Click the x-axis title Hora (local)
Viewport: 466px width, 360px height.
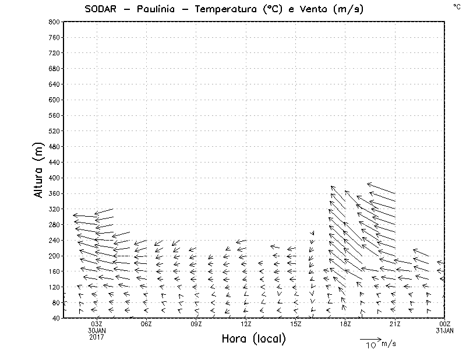(253, 339)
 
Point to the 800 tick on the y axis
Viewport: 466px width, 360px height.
(54, 22)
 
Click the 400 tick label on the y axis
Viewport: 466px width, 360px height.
(54, 178)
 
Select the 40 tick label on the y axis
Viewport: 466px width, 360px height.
(55, 318)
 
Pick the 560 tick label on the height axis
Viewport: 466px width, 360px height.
(54, 115)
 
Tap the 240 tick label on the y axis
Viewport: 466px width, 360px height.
(54, 240)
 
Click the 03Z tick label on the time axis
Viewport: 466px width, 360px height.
(97, 324)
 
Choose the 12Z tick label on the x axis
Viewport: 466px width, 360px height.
(246, 324)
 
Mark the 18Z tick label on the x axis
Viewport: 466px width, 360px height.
(345, 324)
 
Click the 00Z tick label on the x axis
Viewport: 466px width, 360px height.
(445, 324)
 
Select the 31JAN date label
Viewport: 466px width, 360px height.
(445, 331)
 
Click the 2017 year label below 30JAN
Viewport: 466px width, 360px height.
(97, 337)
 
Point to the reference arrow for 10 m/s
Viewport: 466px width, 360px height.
(370, 338)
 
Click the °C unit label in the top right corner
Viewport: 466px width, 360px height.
(456, 6)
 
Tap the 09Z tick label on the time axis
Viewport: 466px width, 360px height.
(196, 324)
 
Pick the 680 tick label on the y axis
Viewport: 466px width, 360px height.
(54, 68)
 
